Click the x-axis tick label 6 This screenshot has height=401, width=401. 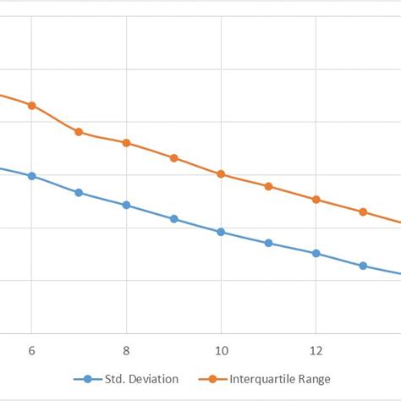coord(31,349)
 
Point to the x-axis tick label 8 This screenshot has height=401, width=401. coord(126,349)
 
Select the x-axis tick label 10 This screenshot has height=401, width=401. coord(221,349)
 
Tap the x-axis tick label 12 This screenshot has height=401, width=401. coord(316,349)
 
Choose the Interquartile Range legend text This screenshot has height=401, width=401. coord(280,378)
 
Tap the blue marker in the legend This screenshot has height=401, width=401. coord(87,378)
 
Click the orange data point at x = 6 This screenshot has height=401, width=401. coord(31,106)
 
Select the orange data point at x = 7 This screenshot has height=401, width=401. coord(79,132)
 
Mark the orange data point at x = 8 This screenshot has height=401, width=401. coord(126,143)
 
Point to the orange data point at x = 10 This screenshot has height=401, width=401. coord(221,174)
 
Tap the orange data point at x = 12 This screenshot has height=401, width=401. coord(316,200)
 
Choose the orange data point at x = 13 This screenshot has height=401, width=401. coord(363,212)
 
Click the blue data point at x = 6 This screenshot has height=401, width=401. coord(31,176)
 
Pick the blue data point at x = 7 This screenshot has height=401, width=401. coord(79,193)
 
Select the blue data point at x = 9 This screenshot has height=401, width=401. coord(173,219)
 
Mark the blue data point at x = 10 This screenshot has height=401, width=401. coord(221,232)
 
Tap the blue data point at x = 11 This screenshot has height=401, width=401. coord(268,243)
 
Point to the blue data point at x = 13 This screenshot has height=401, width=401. coord(363,266)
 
